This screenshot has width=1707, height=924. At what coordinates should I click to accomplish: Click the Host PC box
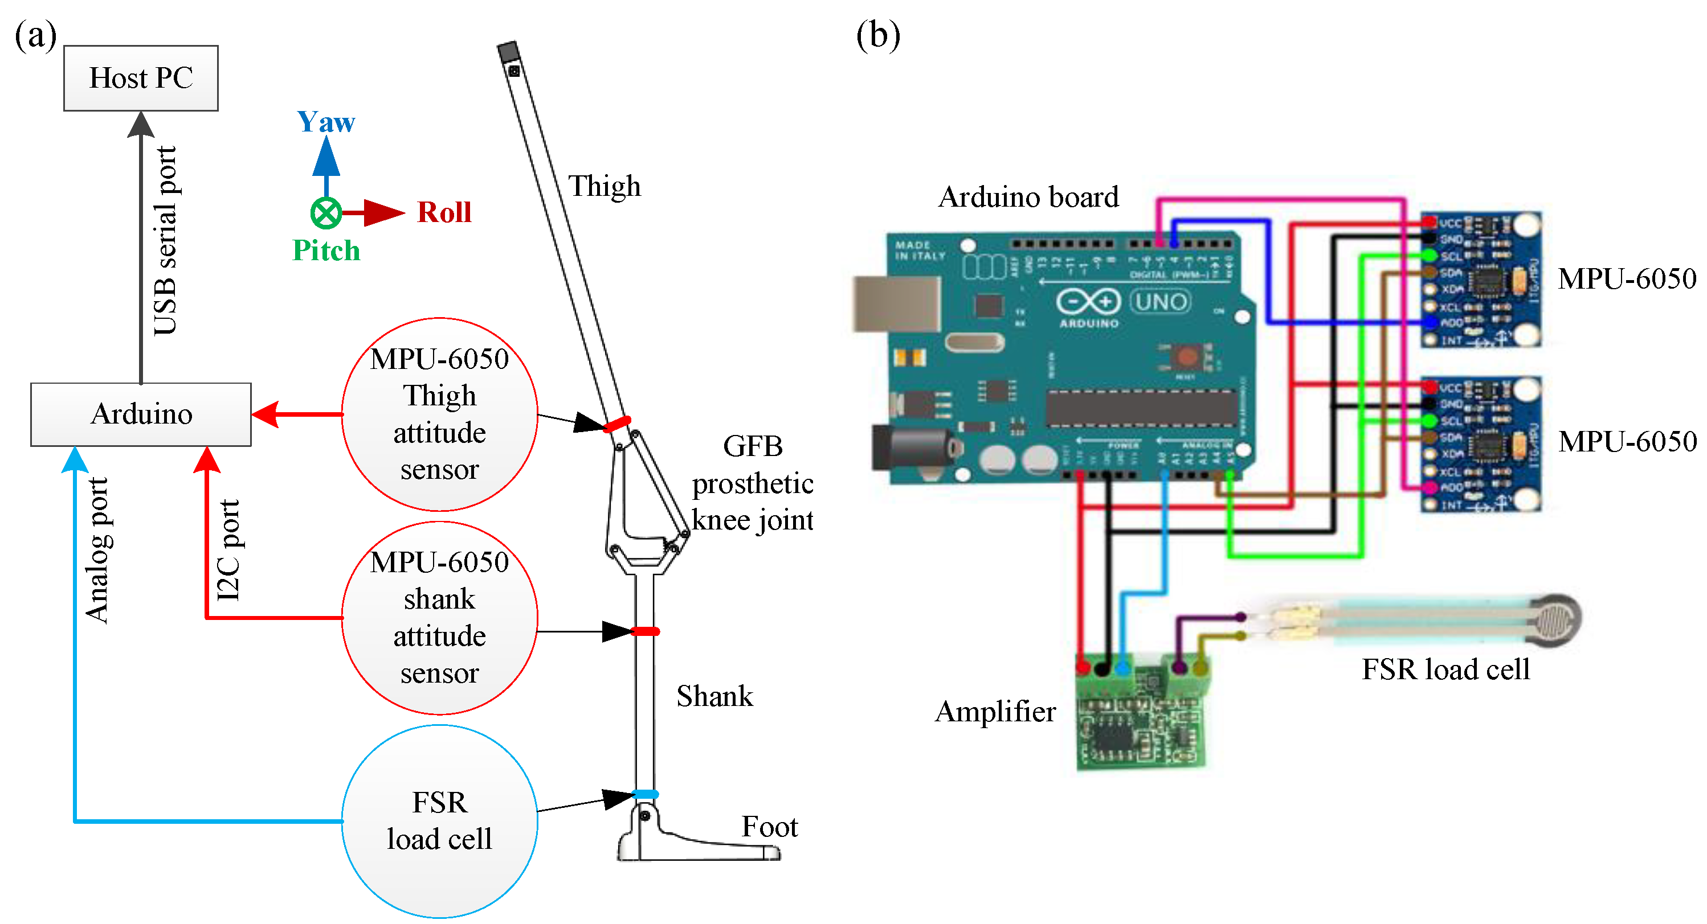pyautogui.click(x=141, y=78)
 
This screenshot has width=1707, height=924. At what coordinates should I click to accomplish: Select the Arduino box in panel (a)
pyautogui.click(x=141, y=414)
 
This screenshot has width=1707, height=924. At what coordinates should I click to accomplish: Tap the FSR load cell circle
pyautogui.click(x=439, y=822)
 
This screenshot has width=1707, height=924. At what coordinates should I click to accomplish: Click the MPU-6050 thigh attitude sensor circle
pyautogui.click(x=439, y=414)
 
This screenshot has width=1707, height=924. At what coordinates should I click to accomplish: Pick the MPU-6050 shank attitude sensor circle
pyautogui.click(x=439, y=617)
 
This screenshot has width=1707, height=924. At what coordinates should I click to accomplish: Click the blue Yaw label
pyautogui.click(x=326, y=122)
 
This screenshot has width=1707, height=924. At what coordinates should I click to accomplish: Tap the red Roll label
pyautogui.click(x=444, y=212)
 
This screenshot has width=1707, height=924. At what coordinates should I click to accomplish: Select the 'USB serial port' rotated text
pyautogui.click(x=165, y=241)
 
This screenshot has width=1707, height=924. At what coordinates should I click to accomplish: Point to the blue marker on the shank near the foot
pyautogui.click(x=646, y=794)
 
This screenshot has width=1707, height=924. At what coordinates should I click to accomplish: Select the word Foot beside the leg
pyautogui.click(x=769, y=827)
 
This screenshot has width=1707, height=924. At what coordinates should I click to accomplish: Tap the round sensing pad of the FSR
pyautogui.click(x=1554, y=619)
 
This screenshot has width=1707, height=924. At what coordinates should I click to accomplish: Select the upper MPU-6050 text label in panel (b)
pyautogui.click(x=1627, y=279)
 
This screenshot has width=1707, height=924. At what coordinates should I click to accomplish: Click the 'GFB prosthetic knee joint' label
pyautogui.click(x=752, y=483)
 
